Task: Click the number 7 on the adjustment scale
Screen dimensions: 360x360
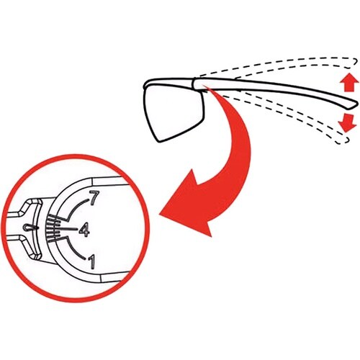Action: pyautogui.click(x=94, y=198)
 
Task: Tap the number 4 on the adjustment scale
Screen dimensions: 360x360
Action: pyautogui.click(x=84, y=230)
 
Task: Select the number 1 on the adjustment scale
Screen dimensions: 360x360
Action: pyautogui.click(x=92, y=262)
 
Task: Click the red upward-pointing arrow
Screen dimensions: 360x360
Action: pyautogui.click(x=349, y=82)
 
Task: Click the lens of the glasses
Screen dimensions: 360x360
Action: pyautogui.click(x=174, y=113)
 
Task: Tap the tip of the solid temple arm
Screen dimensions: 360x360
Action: pyautogui.click(x=357, y=104)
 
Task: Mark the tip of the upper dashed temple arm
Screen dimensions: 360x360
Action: pyautogui.click(x=356, y=60)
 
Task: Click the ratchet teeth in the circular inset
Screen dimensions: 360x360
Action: pyautogui.click(x=53, y=228)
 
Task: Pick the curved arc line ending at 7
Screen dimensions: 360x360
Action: pyautogui.click(x=76, y=208)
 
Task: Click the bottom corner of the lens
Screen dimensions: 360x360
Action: pyautogui.click(x=158, y=141)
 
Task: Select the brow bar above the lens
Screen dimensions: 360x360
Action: pyautogui.click(x=168, y=81)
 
